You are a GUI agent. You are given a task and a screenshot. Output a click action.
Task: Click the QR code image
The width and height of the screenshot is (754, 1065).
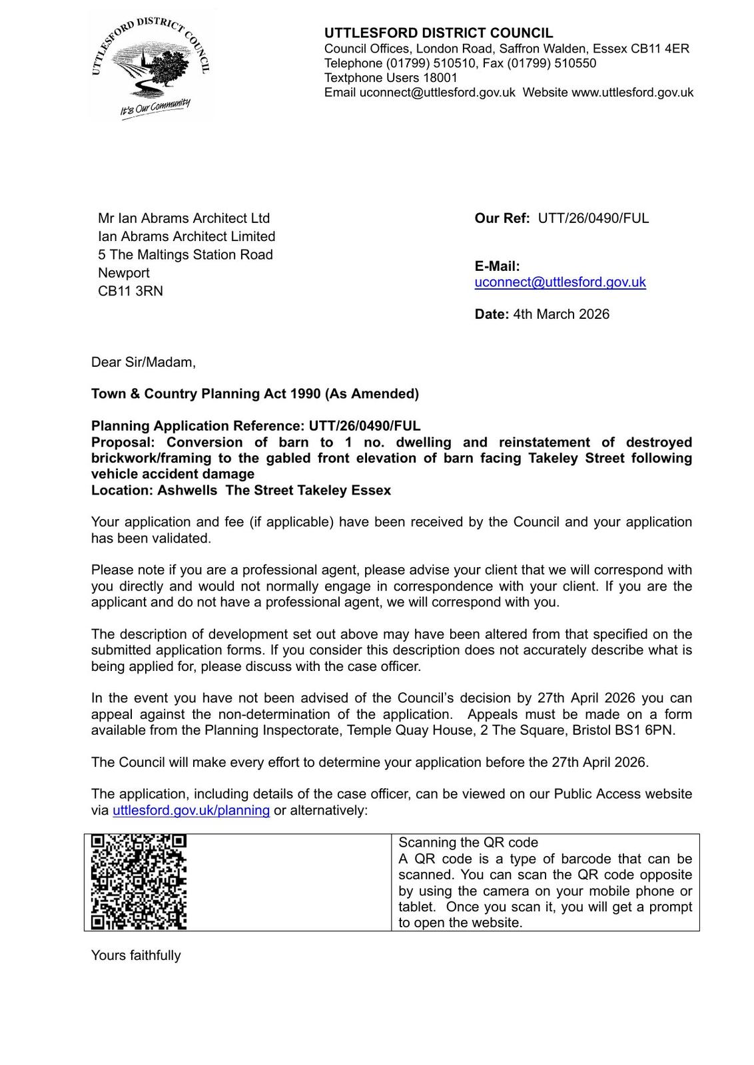(139, 881)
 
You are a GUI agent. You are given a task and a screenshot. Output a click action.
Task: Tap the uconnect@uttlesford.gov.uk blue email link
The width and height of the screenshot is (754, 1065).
(560, 282)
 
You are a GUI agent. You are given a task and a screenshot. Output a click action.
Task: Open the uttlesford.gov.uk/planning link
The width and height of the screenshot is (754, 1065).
(191, 811)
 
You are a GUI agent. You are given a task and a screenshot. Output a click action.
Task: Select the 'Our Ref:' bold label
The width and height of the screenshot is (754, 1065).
(502, 218)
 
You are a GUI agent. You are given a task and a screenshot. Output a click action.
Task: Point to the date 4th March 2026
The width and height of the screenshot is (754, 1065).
(561, 314)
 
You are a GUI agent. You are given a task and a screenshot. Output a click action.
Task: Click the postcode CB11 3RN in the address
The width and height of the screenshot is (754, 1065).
(131, 291)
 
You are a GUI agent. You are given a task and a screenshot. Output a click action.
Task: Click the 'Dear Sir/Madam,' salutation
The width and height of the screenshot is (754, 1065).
(143, 362)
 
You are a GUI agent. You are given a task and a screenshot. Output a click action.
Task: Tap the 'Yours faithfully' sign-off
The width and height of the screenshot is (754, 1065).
(136, 956)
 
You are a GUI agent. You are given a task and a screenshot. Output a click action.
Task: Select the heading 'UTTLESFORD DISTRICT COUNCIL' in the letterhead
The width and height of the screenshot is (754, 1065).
(438, 33)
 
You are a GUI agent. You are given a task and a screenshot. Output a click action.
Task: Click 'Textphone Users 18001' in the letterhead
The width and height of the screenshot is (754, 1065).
(391, 78)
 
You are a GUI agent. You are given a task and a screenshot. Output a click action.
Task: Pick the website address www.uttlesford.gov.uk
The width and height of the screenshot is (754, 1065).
(632, 93)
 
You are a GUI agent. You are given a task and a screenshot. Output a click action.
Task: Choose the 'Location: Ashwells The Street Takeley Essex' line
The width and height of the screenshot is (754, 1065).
(241, 491)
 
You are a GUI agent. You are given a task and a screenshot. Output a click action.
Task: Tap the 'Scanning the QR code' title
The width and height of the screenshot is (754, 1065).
(468, 843)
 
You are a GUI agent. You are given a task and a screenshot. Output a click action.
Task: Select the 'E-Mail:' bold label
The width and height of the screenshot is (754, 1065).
(497, 266)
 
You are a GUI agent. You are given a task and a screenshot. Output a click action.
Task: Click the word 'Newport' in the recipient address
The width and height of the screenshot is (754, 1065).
(124, 273)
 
